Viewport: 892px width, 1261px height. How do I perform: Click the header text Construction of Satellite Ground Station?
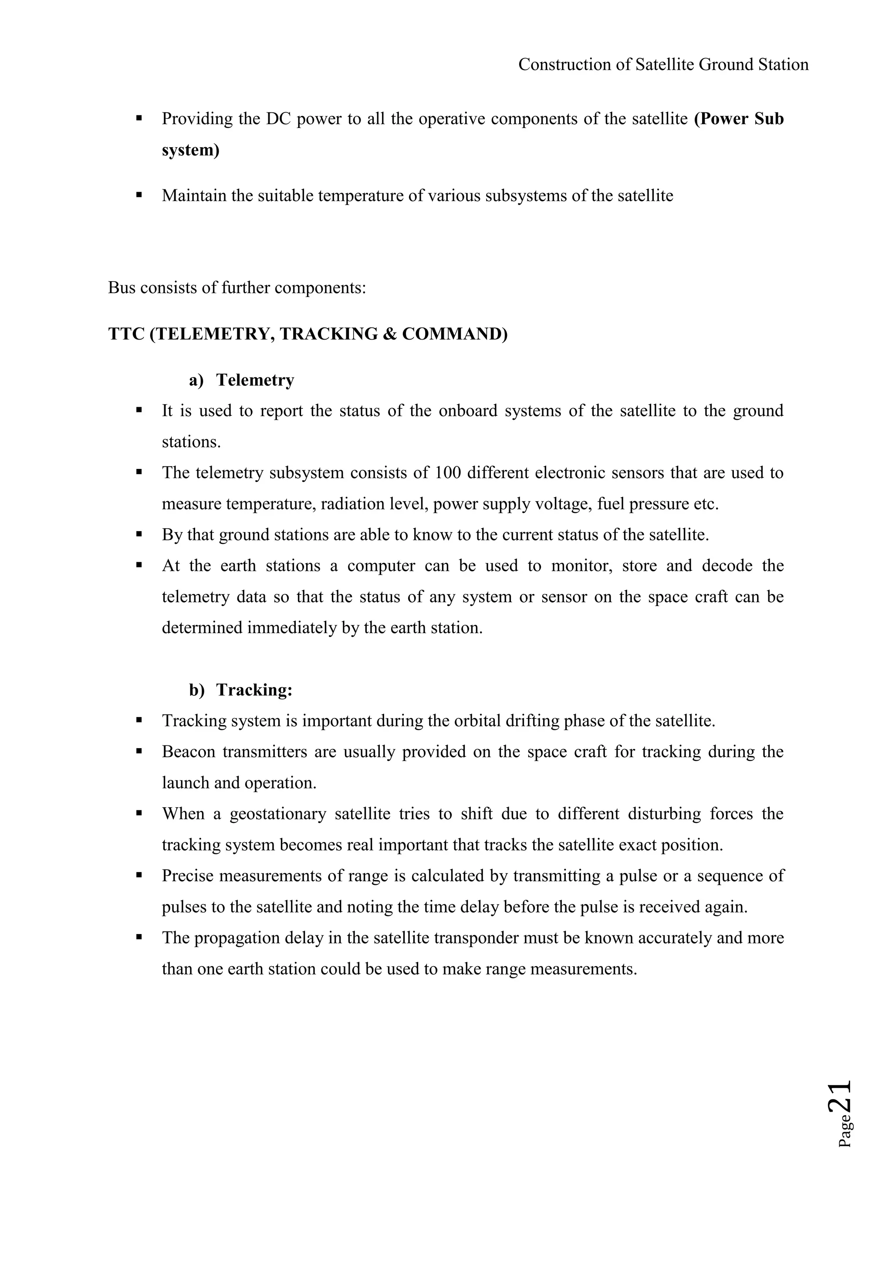click(663, 65)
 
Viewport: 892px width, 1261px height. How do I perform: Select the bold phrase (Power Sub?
click(739, 118)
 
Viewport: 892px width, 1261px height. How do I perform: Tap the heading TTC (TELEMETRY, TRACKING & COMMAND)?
click(307, 334)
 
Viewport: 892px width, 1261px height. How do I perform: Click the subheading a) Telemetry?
click(242, 380)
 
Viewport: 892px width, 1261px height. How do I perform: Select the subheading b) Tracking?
click(240, 690)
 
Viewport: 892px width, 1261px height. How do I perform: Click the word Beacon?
click(189, 752)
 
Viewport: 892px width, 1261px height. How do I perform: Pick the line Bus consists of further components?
click(237, 288)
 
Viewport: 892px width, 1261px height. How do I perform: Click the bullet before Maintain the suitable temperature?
click(139, 195)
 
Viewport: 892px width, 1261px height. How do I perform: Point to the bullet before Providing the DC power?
click(139, 118)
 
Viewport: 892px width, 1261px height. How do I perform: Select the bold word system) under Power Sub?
click(190, 150)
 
